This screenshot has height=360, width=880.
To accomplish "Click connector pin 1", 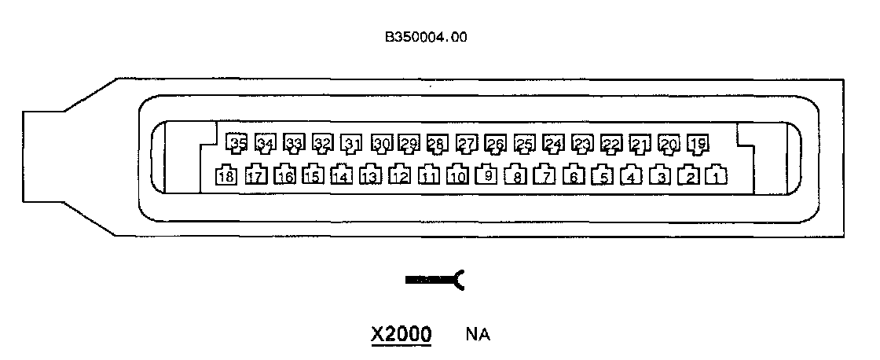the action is coord(717,175).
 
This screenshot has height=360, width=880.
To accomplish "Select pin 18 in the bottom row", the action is coord(226,175).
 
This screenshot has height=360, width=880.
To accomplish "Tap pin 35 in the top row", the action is coord(236,143).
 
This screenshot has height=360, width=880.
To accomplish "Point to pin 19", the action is coord(697,143).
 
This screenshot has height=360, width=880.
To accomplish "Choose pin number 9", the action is coord(487,175).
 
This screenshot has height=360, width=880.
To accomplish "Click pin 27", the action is coord(467,143).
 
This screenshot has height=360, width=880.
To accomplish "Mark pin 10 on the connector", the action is coord(458,175).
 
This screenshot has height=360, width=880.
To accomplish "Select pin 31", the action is coord(352,143).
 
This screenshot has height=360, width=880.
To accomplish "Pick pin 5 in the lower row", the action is coord(602,175).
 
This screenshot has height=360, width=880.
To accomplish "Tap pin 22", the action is coord(610,143).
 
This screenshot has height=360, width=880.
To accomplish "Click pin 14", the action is coord(341,175).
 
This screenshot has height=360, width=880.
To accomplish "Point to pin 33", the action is coord(294,143).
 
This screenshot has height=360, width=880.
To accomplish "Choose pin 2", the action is coord(689,175).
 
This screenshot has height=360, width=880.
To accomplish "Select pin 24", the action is coord(553,143).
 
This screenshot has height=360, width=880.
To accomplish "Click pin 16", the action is coord(284,175).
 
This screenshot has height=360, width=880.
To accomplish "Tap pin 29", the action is coord(409,143).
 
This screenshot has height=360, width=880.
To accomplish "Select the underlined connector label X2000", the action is coord(401,334).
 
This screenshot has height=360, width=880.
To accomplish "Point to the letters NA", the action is coord(478,335).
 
